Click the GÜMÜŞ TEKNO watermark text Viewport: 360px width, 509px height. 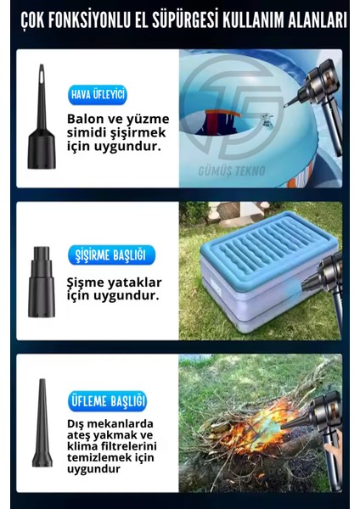[233, 171]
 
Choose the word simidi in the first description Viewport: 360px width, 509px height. [87, 131]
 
